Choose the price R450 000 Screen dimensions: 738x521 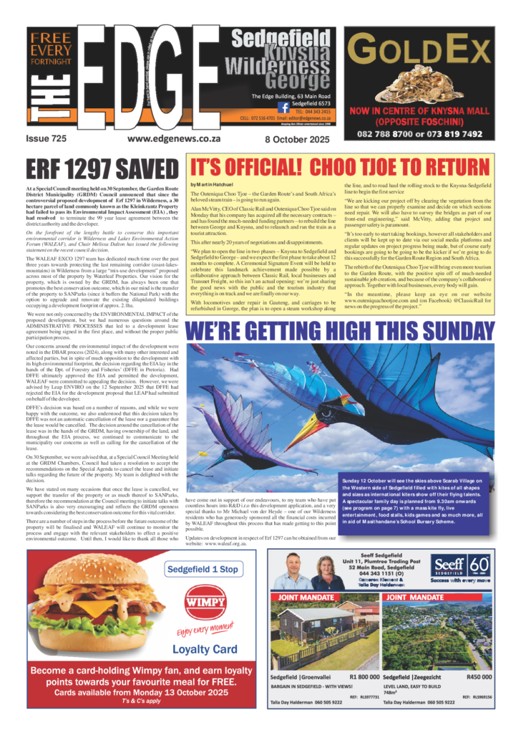(478, 676)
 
